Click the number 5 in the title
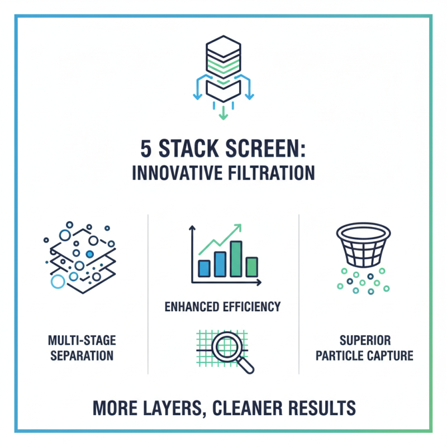tap(147, 150)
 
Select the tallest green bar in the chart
tap(236, 259)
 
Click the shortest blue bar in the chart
tap(204, 268)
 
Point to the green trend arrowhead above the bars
tap(239, 227)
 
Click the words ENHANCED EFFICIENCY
tap(223, 306)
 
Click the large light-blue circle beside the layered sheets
tap(58, 281)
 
